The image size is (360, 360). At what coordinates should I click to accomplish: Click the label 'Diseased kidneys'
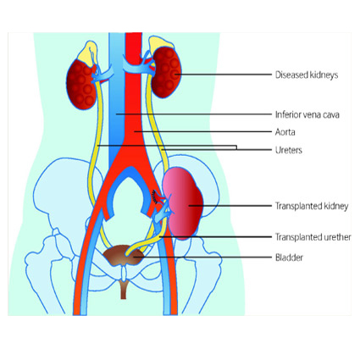pyautogui.click(x=307, y=75)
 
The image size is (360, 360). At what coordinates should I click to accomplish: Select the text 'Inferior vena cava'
pyautogui.click(x=307, y=114)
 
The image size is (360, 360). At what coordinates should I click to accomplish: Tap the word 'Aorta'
pyautogui.click(x=285, y=132)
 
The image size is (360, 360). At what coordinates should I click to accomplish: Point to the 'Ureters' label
pyautogui.click(x=289, y=150)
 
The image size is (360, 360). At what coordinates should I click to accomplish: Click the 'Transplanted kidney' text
pyautogui.click(x=312, y=206)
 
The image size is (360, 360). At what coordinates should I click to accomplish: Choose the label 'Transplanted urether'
pyautogui.click(x=313, y=237)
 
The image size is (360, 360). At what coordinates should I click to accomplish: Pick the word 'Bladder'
pyautogui.click(x=289, y=258)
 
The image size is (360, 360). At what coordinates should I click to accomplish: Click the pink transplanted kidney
pyautogui.click(x=184, y=203)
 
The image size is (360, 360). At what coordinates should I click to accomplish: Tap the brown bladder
pyautogui.click(x=124, y=256)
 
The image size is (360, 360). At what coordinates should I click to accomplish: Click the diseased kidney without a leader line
pyautogui.click(x=81, y=85)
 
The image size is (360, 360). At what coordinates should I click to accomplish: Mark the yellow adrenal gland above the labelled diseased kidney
pyautogui.click(x=160, y=44)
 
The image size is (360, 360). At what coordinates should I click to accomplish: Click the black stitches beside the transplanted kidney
pyautogui.click(x=155, y=197)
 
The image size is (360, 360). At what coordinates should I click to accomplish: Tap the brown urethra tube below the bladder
pyautogui.click(x=124, y=291)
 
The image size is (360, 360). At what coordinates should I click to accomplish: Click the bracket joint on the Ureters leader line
pyautogui.click(x=236, y=147)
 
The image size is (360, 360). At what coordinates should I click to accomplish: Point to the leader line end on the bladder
pyautogui.click(x=134, y=258)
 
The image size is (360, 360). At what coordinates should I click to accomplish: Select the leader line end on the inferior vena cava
pyautogui.click(x=116, y=114)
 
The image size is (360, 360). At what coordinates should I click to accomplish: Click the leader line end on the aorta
pyautogui.click(x=135, y=131)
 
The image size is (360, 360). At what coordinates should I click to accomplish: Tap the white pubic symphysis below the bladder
pyautogui.click(x=124, y=274)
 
